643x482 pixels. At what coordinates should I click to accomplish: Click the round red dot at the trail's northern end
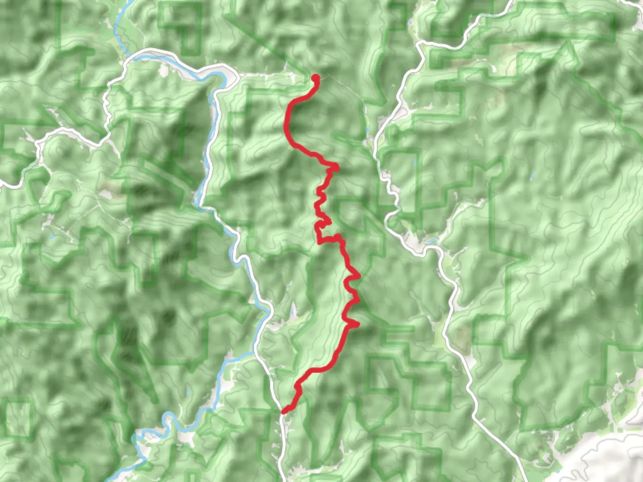tap(315, 78)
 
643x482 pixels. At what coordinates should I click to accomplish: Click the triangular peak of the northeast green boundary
tap(568, 42)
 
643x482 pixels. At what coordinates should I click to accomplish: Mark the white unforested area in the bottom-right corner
tap(612, 460)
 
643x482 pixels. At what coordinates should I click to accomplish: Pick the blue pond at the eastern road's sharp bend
tap(432, 241)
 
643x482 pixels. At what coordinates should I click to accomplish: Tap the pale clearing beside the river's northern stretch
tap(164, 71)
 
